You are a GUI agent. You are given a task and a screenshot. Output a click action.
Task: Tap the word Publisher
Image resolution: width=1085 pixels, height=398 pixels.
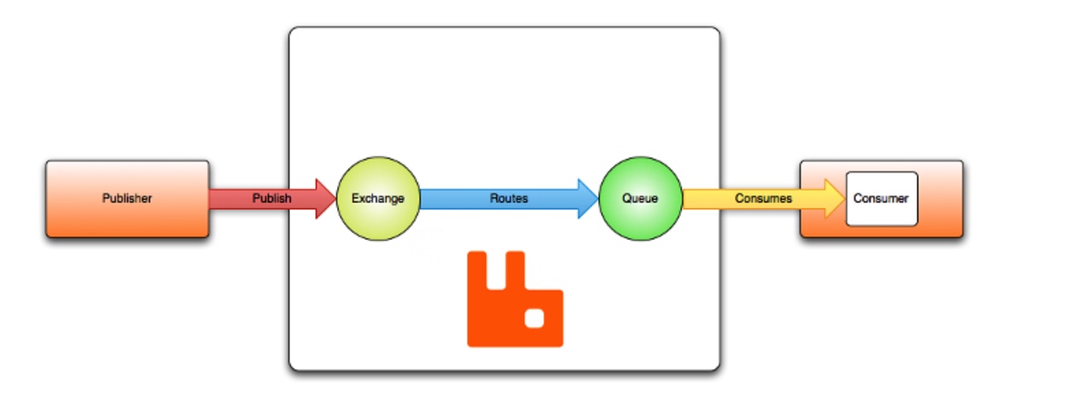[127, 198]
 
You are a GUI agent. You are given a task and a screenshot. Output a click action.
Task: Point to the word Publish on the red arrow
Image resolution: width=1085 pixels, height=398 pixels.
[272, 198]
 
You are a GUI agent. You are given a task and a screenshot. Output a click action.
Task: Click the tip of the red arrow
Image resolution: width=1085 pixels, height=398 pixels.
[333, 198]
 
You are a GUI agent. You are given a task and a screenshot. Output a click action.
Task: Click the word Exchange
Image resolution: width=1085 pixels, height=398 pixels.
[377, 198]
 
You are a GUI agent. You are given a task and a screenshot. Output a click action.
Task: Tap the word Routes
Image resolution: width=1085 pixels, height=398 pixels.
[509, 198]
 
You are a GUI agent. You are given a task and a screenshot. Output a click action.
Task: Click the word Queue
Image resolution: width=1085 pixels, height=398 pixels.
[640, 198]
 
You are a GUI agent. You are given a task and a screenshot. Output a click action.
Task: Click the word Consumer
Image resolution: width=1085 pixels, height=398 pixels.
[881, 198]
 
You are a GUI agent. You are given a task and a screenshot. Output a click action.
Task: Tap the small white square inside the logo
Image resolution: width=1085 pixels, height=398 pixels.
[536, 318]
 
